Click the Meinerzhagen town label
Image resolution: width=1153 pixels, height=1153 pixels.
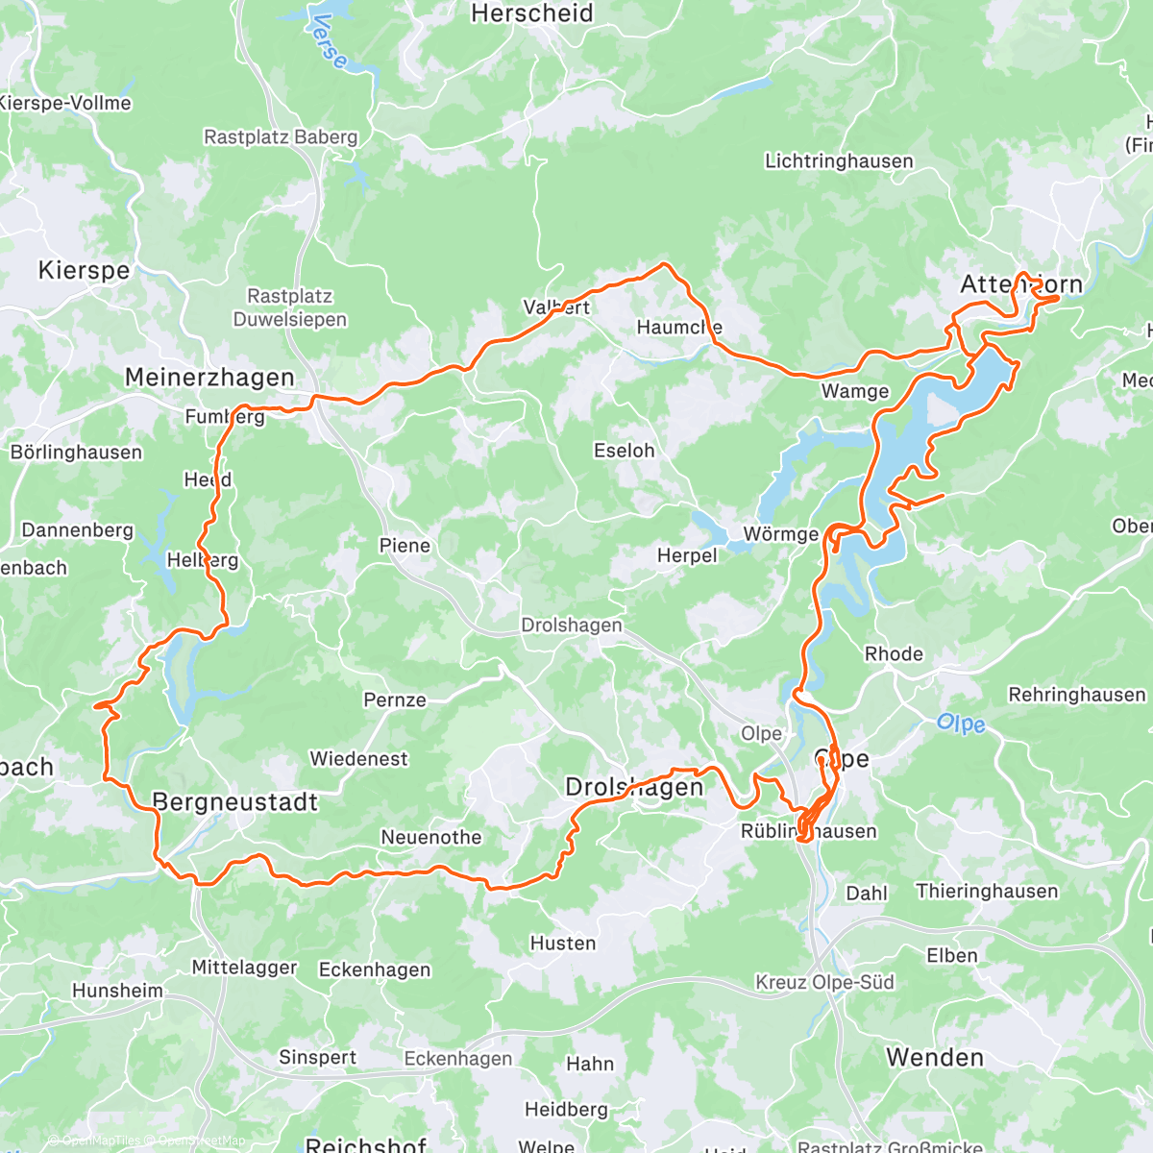[209, 378]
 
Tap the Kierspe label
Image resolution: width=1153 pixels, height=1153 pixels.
[84, 270]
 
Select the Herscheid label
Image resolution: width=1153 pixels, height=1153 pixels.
[532, 13]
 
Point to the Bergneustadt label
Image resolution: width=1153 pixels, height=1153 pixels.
[234, 801]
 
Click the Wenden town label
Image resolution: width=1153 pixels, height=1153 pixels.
[935, 1057]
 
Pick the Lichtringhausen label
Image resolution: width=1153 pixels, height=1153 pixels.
[839, 161]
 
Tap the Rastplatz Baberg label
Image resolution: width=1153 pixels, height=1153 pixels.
[281, 137]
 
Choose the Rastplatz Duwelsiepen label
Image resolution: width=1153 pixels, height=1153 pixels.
[289, 307]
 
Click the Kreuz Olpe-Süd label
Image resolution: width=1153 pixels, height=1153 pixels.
[824, 982]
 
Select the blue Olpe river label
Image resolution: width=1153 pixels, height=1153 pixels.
[961, 724]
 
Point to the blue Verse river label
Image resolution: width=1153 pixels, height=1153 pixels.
[330, 40]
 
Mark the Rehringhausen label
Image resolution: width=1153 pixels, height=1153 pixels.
[1076, 695]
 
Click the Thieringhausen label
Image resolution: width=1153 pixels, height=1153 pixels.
[987, 891]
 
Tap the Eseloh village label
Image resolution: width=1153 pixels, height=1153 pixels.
[624, 450]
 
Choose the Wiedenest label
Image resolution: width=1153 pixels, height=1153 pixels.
[358, 759]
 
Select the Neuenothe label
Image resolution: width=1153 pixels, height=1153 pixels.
[431, 837]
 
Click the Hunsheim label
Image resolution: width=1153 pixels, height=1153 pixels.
[117, 990]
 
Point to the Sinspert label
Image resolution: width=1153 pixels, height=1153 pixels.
[317, 1057]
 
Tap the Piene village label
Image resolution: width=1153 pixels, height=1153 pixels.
[405, 546]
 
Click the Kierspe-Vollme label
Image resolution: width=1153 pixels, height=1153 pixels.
[65, 103]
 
